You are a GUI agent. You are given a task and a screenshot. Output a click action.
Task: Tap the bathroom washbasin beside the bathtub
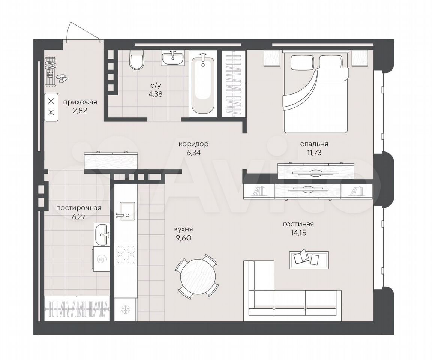pos(173,58)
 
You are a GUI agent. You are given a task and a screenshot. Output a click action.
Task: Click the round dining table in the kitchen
pos(197,275)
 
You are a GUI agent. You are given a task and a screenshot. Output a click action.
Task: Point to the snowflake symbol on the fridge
pos(126,310)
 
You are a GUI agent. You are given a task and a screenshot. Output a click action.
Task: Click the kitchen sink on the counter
pos(126,211)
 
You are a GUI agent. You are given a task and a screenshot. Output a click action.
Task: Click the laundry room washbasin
pos(102,234)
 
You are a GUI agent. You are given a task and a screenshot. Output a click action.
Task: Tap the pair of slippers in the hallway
pos(62,78)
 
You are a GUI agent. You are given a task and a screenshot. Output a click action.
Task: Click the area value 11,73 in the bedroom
pos(314,153)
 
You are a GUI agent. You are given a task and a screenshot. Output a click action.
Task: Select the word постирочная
pos(78,208)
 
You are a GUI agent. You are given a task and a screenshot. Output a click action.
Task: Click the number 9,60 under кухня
pos(183,237)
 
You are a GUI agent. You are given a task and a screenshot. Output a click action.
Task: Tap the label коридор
pos(193,144)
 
